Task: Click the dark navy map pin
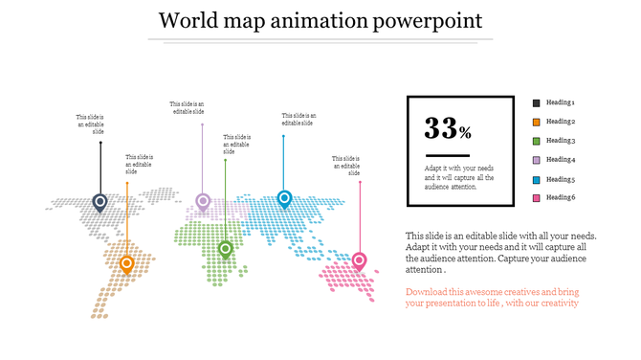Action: (x=99, y=202)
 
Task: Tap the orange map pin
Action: (x=126, y=264)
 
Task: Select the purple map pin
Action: (x=202, y=201)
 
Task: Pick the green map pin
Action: (x=226, y=249)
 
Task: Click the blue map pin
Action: (x=283, y=199)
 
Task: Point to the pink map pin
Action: (x=360, y=259)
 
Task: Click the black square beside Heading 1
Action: (x=537, y=102)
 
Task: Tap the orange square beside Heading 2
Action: (x=537, y=122)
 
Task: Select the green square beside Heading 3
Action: (x=537, y=141)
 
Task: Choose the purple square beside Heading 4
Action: (x=537, y=160)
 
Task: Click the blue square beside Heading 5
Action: (x=537, y=179)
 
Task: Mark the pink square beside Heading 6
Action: (x=537, y=198)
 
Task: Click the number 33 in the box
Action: (x=441, y=128)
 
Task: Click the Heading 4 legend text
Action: (x=561, y=160)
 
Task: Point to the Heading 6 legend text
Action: (x=561, y=198)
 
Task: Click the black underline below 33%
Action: (x=448, y=154)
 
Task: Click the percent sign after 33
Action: (x=465, y=132)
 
